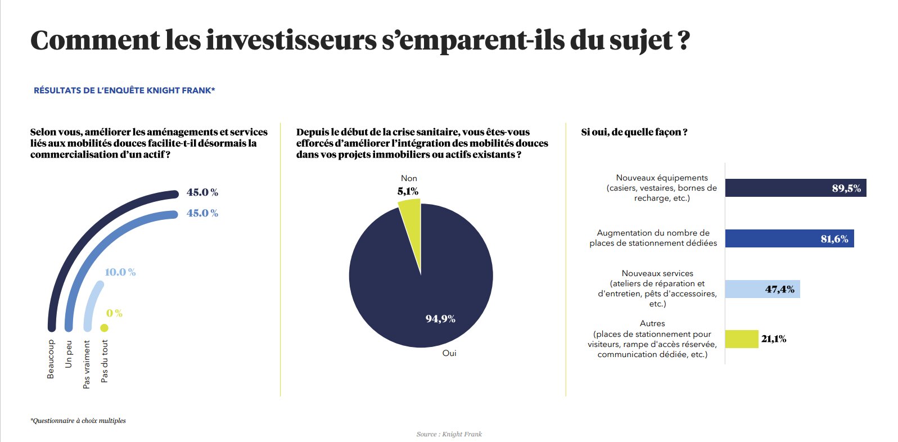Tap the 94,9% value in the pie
pyautogui.click(x=440, y=319)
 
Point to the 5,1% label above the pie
pyautogui.click(x=408, y=191)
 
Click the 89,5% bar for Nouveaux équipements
pyautogui.click(x=795, y=188)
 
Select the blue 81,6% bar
pyautogui.click(x=789, y=238)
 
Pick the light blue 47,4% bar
pyautogui.click(x=762, y=289)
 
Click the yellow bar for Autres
pyautogui.click(x=741, y=339)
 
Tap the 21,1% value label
pyautogui.click(x=774, y=339)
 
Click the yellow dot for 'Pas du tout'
pyautogui.click(x=104, y=328)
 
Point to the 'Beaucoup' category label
pyautogui.click(x=51, y=359)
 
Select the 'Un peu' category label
pyautogui.click(x=69, y=354)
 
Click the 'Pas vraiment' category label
pyautogui.click(x=87, y=364)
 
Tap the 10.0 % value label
pyautogui.click(x=120, y=272)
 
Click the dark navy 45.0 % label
pyautogui.click(x=202, y=192)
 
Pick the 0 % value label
pyautogui.click(x=114, y=313)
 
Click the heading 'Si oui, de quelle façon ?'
pyautogui.click(x=634, y=132)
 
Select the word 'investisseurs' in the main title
pyautogui.click(x=291, y=40)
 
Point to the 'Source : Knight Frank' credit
pyautogui.click(x=449, y=434)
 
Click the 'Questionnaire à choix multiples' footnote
pyautogui.click(x=78, y=421)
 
